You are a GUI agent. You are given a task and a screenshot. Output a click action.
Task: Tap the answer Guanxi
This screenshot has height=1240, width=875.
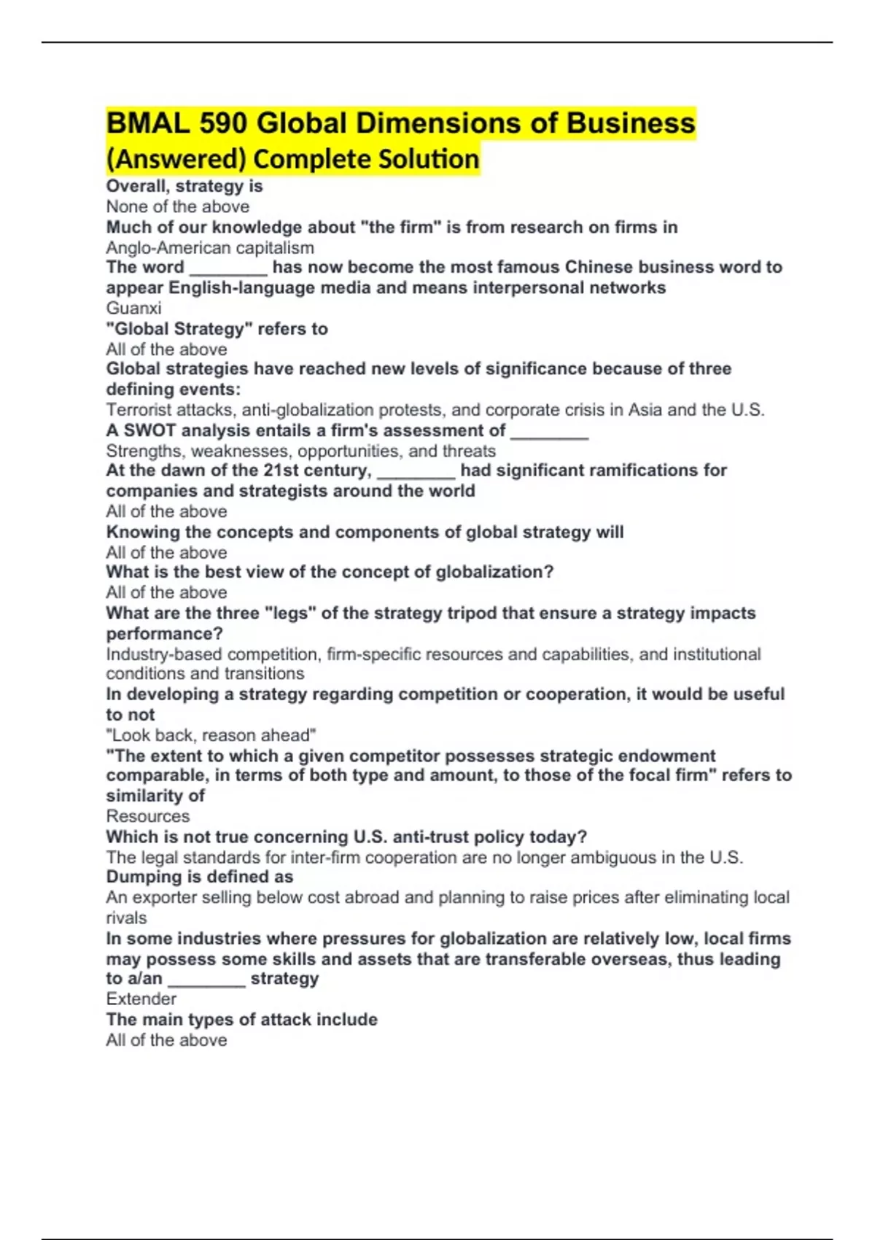click(x=133, y=308)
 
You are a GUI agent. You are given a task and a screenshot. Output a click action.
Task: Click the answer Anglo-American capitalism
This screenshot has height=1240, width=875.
click(x=210, y=248)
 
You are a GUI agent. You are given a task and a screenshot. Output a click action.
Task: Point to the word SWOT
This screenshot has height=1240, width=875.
click(x=149, y=430)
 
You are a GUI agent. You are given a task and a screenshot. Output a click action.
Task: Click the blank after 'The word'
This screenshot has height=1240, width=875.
click(x=228, y=268)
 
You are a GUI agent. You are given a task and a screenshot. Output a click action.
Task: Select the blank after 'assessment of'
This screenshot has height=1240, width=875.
click(x=549, y=432)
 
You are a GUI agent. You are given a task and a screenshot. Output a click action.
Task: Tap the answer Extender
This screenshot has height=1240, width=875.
click(x=141, y=999)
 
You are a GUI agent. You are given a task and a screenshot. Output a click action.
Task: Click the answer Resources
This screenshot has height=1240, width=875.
click(x=147, y=816)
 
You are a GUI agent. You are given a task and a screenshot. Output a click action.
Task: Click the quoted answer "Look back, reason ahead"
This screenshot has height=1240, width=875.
click(x=211, y=735)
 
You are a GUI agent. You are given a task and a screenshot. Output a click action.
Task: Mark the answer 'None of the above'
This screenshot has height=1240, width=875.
click(x=177, y=206)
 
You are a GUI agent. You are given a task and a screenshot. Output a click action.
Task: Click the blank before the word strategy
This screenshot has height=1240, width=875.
click(x=206, y=980)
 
